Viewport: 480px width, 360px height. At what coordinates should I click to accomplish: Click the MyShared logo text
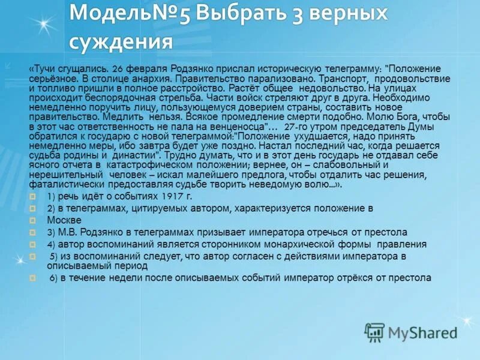421,332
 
